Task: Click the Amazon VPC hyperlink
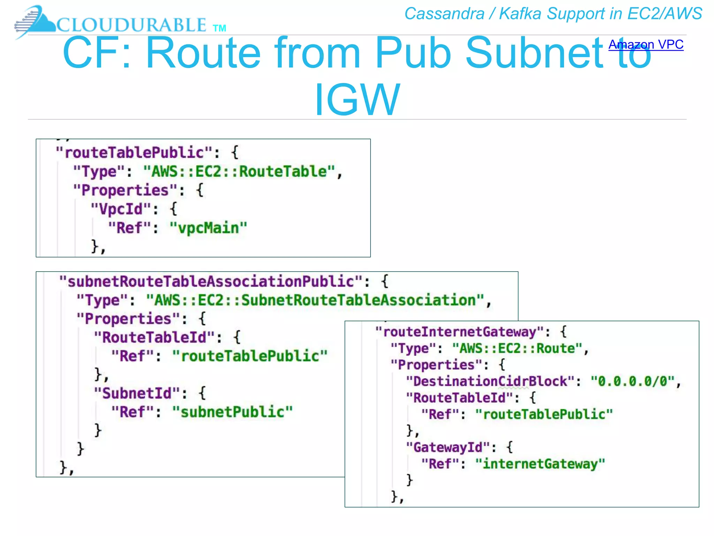coord(646,45)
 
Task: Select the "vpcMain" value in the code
coord(208,228)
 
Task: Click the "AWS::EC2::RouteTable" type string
coord(239,171)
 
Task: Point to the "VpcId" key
coord(121,209)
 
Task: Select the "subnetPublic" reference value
coord(233,412)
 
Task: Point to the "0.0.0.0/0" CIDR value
coord(633,381)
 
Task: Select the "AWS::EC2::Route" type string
coord(517,349)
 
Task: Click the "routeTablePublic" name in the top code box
coord(134,153)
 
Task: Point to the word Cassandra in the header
coord(444,14)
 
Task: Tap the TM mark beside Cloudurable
coord(219,28)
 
